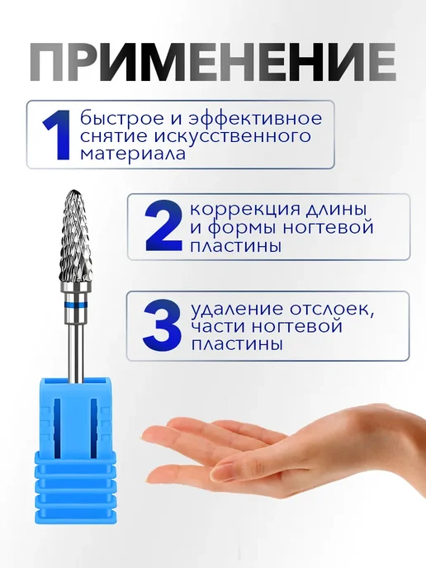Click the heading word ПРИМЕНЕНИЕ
[x=213, y=63]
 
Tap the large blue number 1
[x=57, y=135]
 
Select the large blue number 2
[x=163, y=227]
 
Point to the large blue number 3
[x=163, y=325]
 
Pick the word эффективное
[x=248, y=119]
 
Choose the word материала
[x=133, y=154]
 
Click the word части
[x=218, y=327]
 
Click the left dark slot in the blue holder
[x=57, y=425]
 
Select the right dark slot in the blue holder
[x=95, y=425]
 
